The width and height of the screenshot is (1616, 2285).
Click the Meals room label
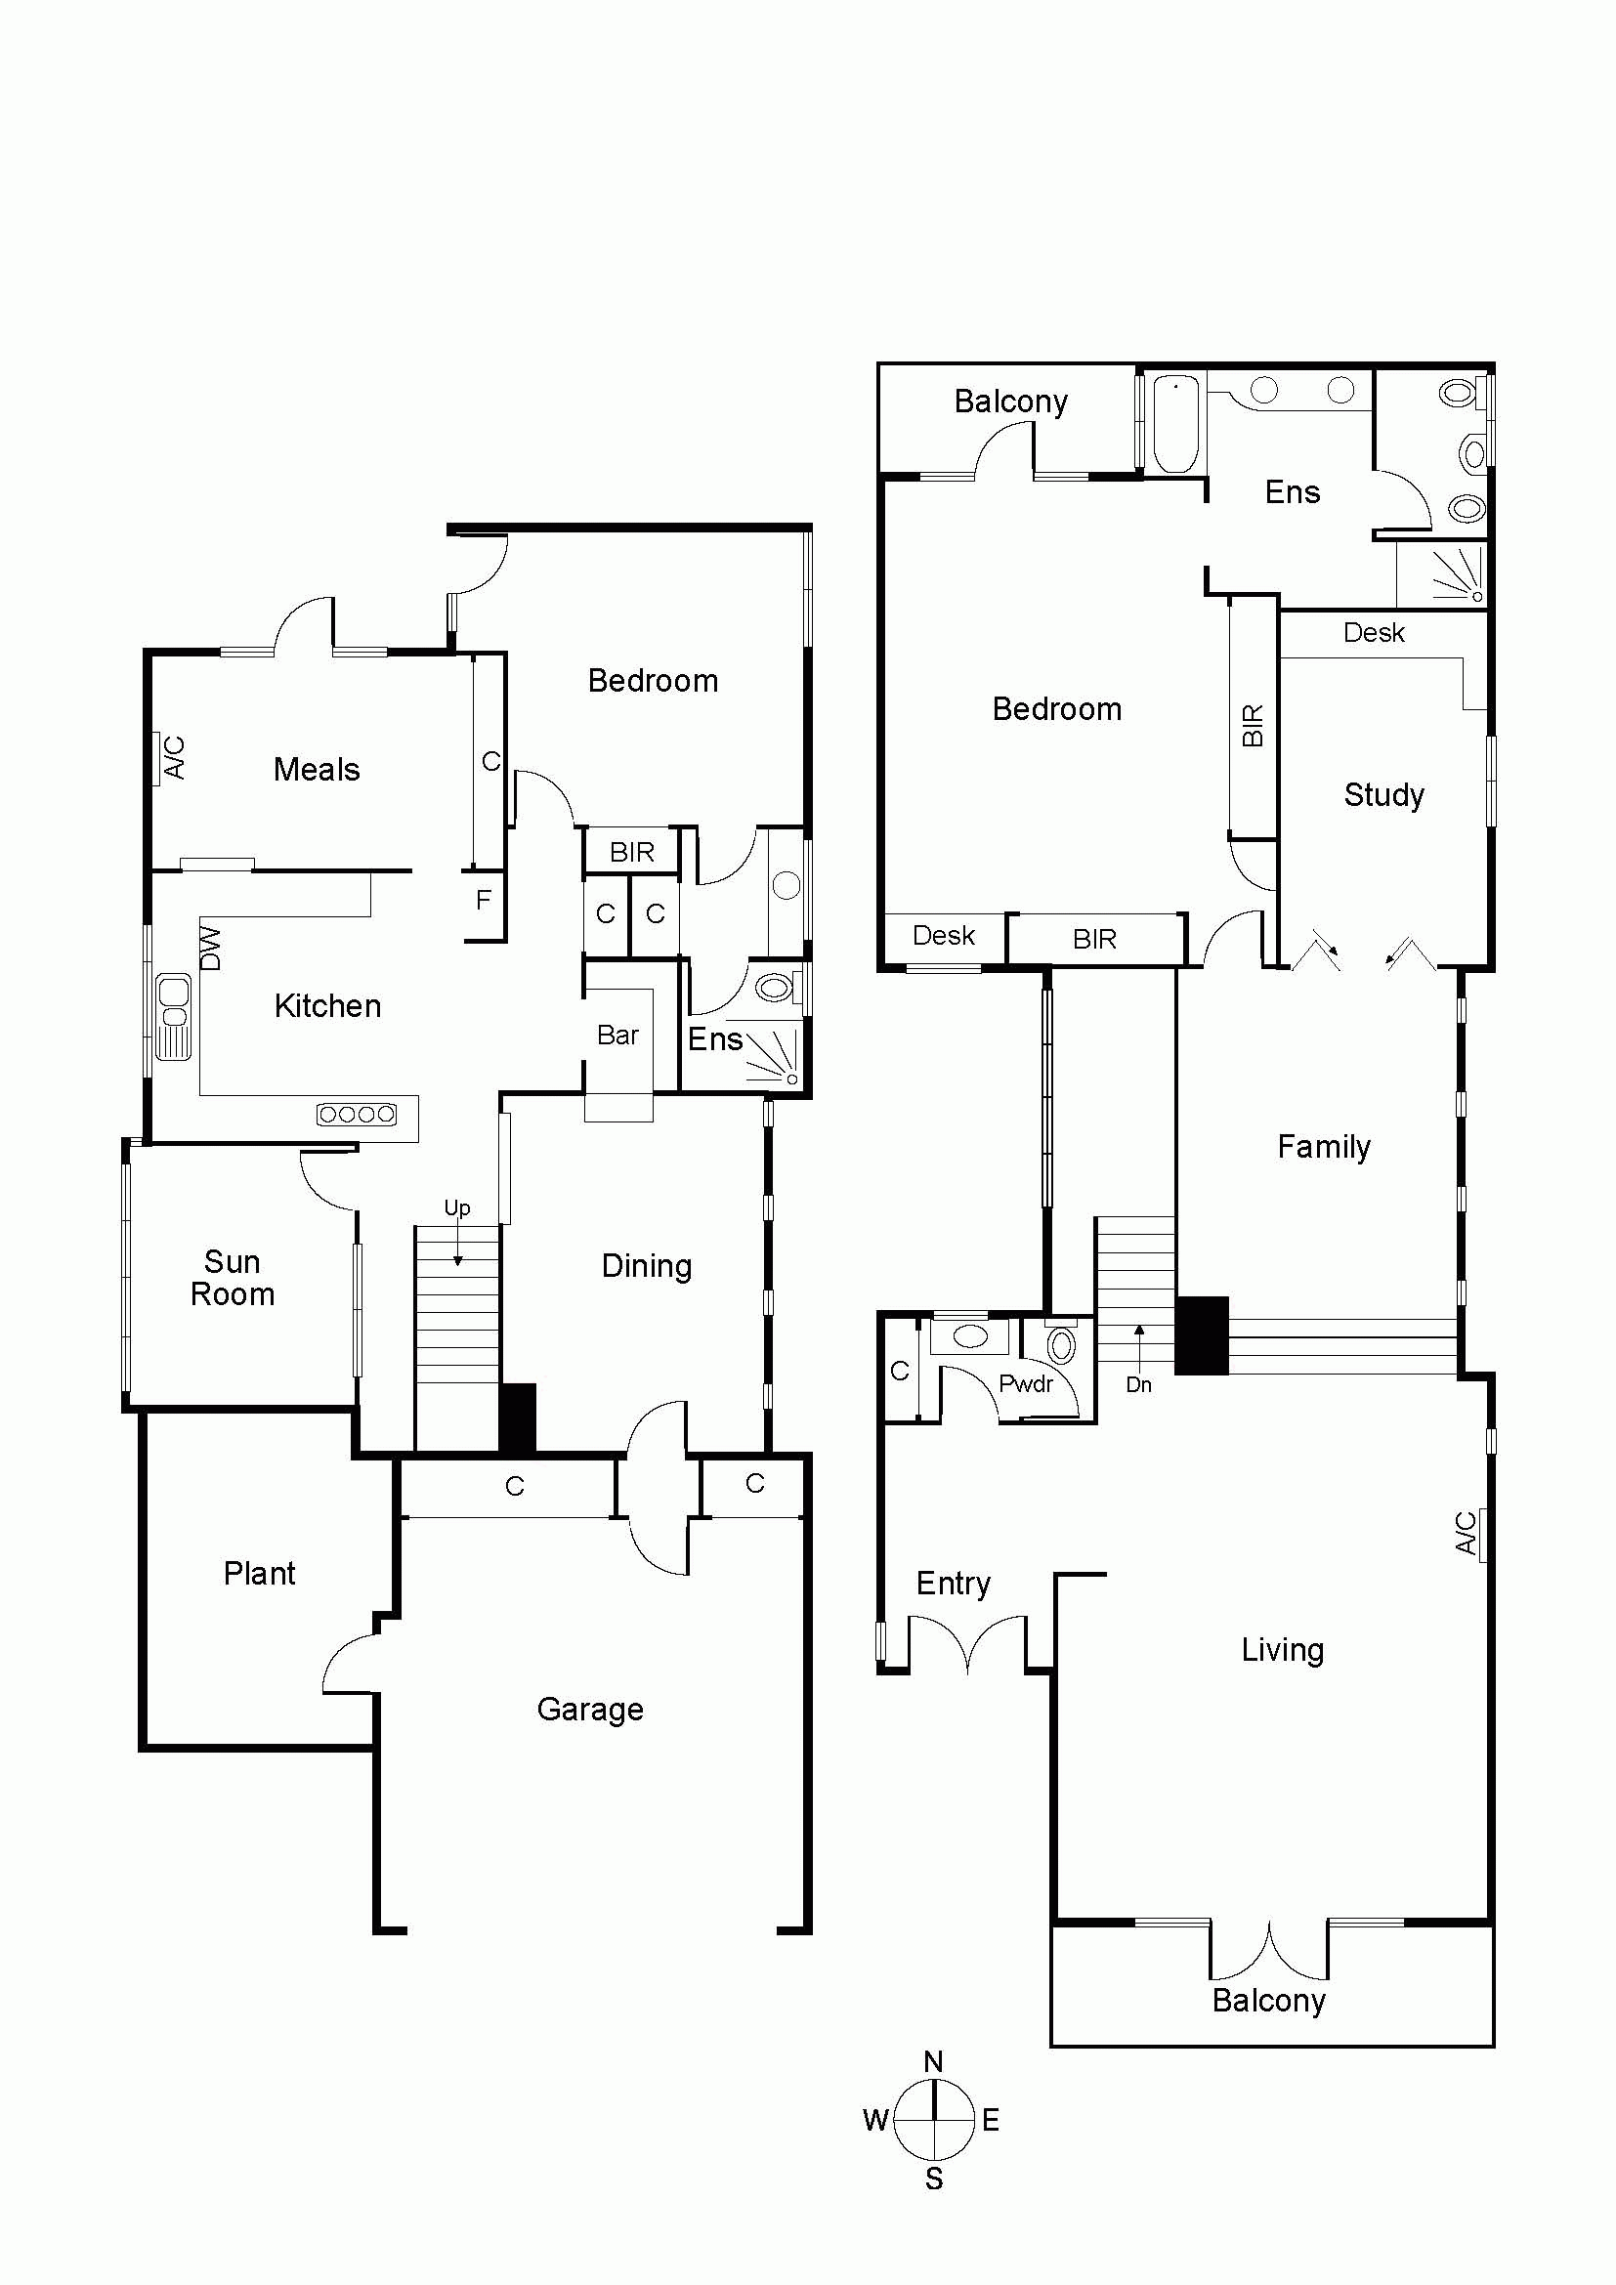tap(317, 769)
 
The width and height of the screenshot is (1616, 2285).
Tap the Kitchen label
tap(327, 1006)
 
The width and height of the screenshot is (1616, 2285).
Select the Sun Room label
tap(233, 1278)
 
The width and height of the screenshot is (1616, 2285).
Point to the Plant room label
tap(260, 1574)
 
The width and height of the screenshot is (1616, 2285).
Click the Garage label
tap(590, 1710)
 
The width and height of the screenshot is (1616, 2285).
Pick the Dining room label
tap(647, 1266)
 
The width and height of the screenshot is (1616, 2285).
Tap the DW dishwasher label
tap(210, 948)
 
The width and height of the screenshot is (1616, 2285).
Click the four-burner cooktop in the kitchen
tap(357, 1115)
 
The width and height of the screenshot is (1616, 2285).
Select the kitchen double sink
tap(173, 1017)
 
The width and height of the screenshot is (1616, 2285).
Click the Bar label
tap(617, 1035)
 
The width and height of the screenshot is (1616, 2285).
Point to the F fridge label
tap(484, 900)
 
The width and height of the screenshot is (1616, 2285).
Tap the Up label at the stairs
tap(456, 1208)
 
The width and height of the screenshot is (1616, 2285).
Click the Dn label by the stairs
tap(1139, 1384)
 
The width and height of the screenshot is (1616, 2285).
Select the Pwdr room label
tap(1026, 1383)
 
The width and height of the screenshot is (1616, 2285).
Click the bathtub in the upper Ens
tap(1175, 423)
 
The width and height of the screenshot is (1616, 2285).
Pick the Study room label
tap(1384, 794)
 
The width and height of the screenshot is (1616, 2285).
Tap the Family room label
tap(1325, 1147)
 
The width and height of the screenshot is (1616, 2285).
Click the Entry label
tap(954, 1584)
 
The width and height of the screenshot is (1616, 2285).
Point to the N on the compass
tap(933, 2061)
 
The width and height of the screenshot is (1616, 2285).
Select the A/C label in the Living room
tap(1466, 1533)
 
